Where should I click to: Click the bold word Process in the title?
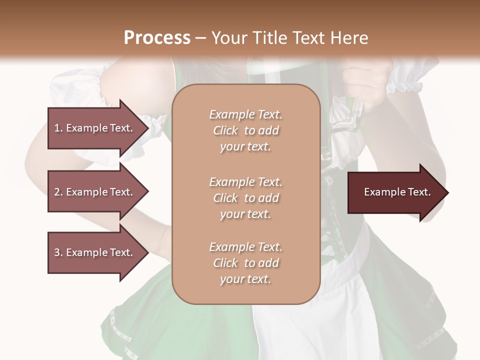coord(157,37)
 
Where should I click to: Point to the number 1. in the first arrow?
coord(58,128)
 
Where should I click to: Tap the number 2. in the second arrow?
coord(58,192)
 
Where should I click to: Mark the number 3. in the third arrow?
coord(58,252)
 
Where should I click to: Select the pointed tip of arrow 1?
coord(146,128)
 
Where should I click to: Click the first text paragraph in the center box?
coord(245,130)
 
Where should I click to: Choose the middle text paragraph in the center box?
coord(245,198)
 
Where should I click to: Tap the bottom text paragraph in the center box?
coord(245,263)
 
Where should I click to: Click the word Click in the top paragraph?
coord(225,130)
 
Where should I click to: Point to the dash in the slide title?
coord(201,38)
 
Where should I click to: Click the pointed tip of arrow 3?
coord(146,252)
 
